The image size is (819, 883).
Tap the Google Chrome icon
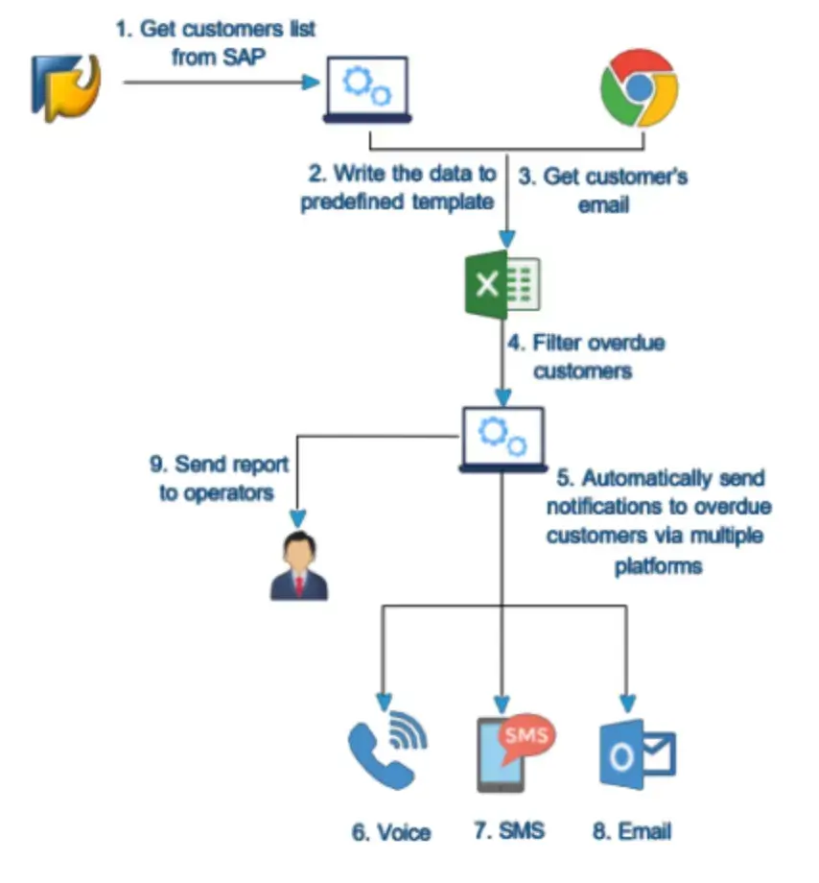[x=639, y=88]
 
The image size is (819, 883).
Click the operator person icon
[x=298, y=567]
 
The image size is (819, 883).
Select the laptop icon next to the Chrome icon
[x=367, y=89]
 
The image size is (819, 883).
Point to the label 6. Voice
[x=390, y=832]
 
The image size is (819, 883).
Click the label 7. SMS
[x=509, y=829]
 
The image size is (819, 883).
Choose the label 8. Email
[x=631, y=830]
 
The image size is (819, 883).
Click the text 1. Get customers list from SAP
[x=216, y=43]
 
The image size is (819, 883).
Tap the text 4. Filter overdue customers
[x=585, y=356]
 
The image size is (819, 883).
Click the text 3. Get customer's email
[x=603, y=190]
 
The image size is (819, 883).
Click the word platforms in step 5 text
[x=659, y=565]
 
